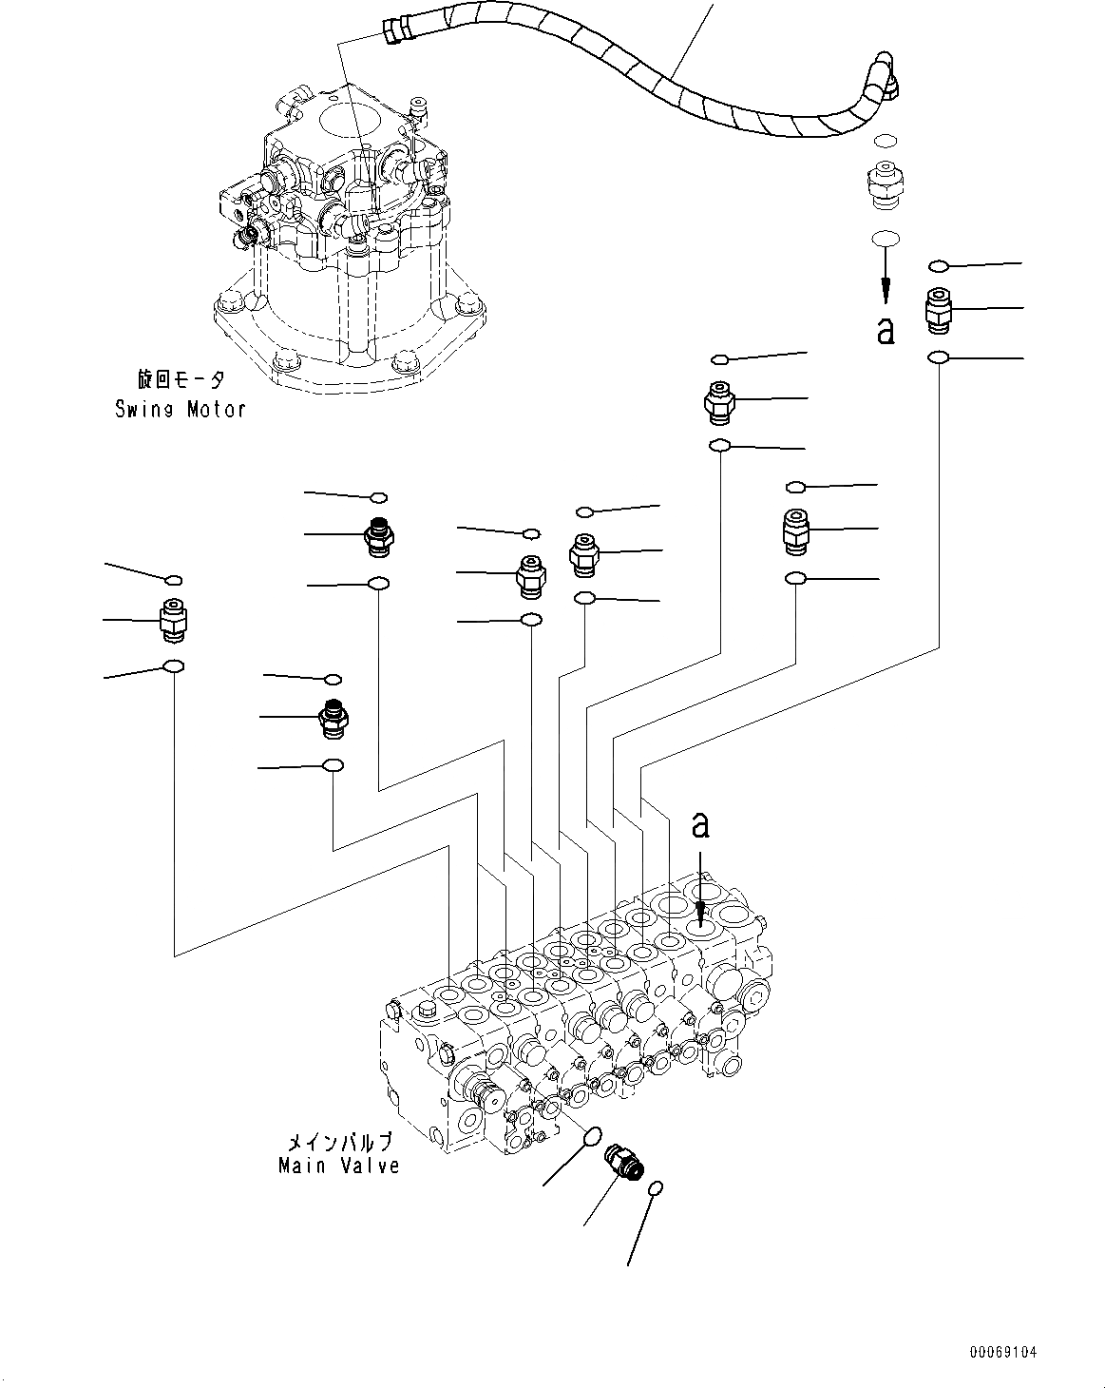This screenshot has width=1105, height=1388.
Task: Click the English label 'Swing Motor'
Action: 181,409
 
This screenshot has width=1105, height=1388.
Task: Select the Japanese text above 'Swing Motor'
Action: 181,379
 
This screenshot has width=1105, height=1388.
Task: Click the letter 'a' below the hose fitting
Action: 886,330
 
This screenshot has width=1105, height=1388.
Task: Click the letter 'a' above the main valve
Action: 700,824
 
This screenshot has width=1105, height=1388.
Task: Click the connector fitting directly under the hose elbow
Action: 886,185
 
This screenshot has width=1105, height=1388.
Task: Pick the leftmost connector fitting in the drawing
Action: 173,619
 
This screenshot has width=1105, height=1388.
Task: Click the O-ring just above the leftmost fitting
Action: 174,580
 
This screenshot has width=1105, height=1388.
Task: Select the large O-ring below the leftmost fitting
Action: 174,665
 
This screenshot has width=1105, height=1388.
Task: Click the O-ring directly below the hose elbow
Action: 886,141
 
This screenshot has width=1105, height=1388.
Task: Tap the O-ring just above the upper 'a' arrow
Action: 886,238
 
